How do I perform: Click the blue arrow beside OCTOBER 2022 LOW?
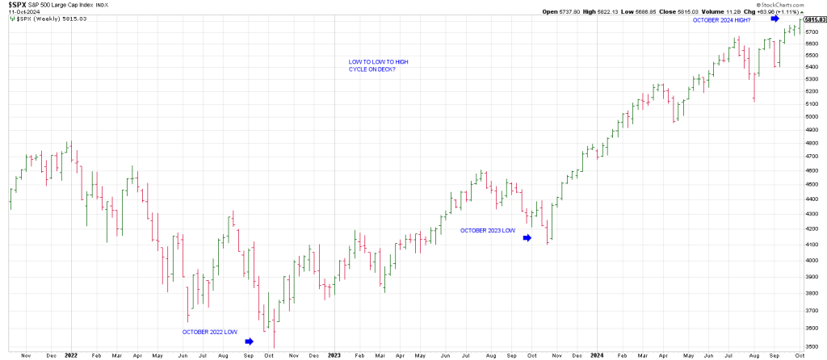[x=249, y=341]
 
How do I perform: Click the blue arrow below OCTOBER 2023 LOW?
[x=527, y=238]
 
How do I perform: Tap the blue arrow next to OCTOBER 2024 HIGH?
[x=775, y=17]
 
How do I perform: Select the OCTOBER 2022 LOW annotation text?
[x=209, y=332]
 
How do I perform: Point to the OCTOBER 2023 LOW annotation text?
[x=488, y=230]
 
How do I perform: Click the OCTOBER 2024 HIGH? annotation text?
[x=721, y=19]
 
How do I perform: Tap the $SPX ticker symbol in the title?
[x=16, y=5]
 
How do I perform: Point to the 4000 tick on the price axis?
[x=810, y=260]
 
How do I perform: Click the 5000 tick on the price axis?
[x=810, y=116]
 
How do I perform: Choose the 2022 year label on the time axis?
[x=71, y=354]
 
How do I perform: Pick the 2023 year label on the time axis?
[x=334, y=354]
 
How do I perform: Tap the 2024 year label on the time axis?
[x=596, y=354]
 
